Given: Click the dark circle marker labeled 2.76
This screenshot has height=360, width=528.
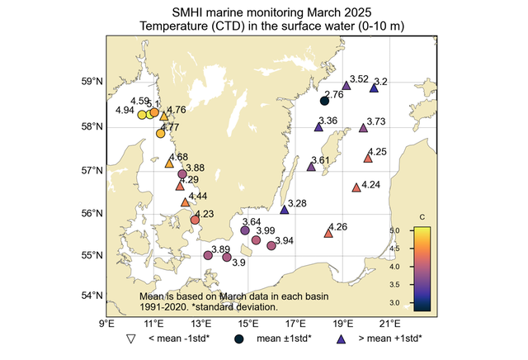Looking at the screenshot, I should (x=324, y=101).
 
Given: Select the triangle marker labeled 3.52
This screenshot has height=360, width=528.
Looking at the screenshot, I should (x=346, y=84).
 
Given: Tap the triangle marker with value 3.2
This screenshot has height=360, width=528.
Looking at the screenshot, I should (x=374, y=88).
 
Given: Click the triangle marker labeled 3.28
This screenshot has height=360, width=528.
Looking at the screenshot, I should (x=285, y=210).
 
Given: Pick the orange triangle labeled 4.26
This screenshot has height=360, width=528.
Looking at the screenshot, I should (x=328, y=234).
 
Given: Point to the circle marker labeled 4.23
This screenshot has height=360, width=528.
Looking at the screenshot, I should (x=195, y=220).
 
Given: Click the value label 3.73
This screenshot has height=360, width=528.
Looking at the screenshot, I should (x=375, y=121).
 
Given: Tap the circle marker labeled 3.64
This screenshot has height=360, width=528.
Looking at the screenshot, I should (x=245, y=230).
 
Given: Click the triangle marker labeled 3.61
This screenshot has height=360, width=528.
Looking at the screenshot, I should (x=311, y=167).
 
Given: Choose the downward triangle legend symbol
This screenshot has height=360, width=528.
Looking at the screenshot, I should (x=130, y=339).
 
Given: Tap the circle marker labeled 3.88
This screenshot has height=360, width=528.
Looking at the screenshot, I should (x=182, y=174).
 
